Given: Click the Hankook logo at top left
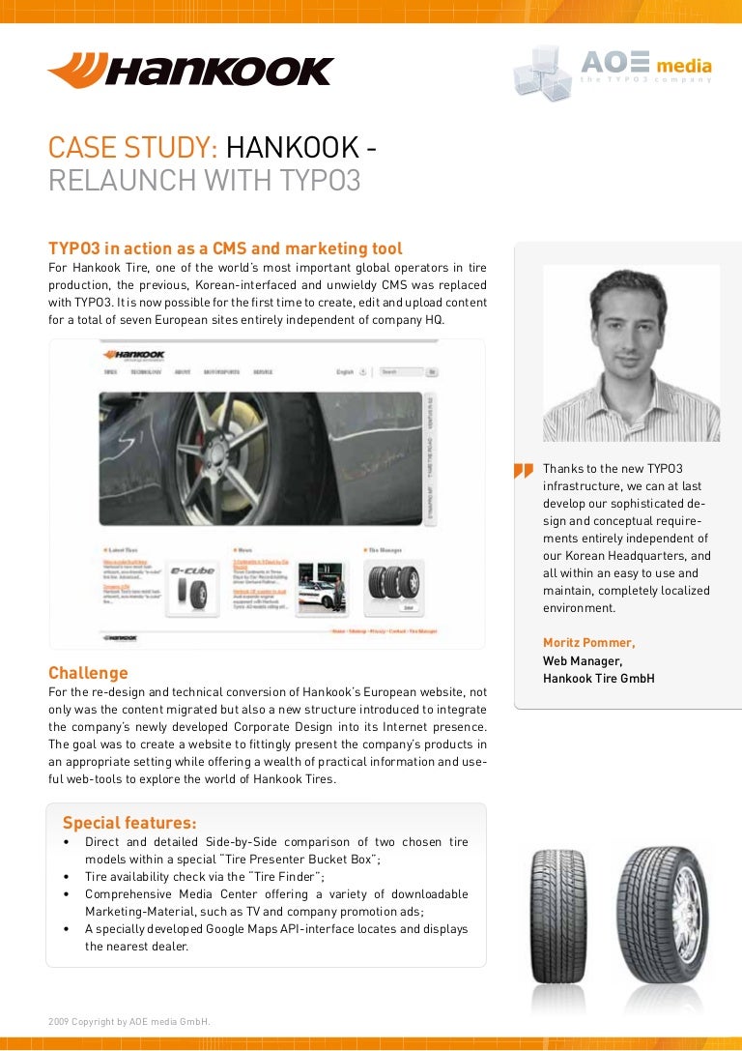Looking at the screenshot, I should point(190,71).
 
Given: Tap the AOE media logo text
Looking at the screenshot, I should point(645,65).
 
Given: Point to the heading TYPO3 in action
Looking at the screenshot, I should point(225,248).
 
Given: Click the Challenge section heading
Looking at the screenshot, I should point(88,673).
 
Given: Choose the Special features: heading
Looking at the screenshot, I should point(129,823).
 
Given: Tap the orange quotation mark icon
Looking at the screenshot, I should point(524,471).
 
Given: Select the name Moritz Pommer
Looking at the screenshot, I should point(589,643).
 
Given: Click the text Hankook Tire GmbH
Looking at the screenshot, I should point(599,679).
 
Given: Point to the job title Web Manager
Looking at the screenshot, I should point(583,661).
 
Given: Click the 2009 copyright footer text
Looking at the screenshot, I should point(129,1022).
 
